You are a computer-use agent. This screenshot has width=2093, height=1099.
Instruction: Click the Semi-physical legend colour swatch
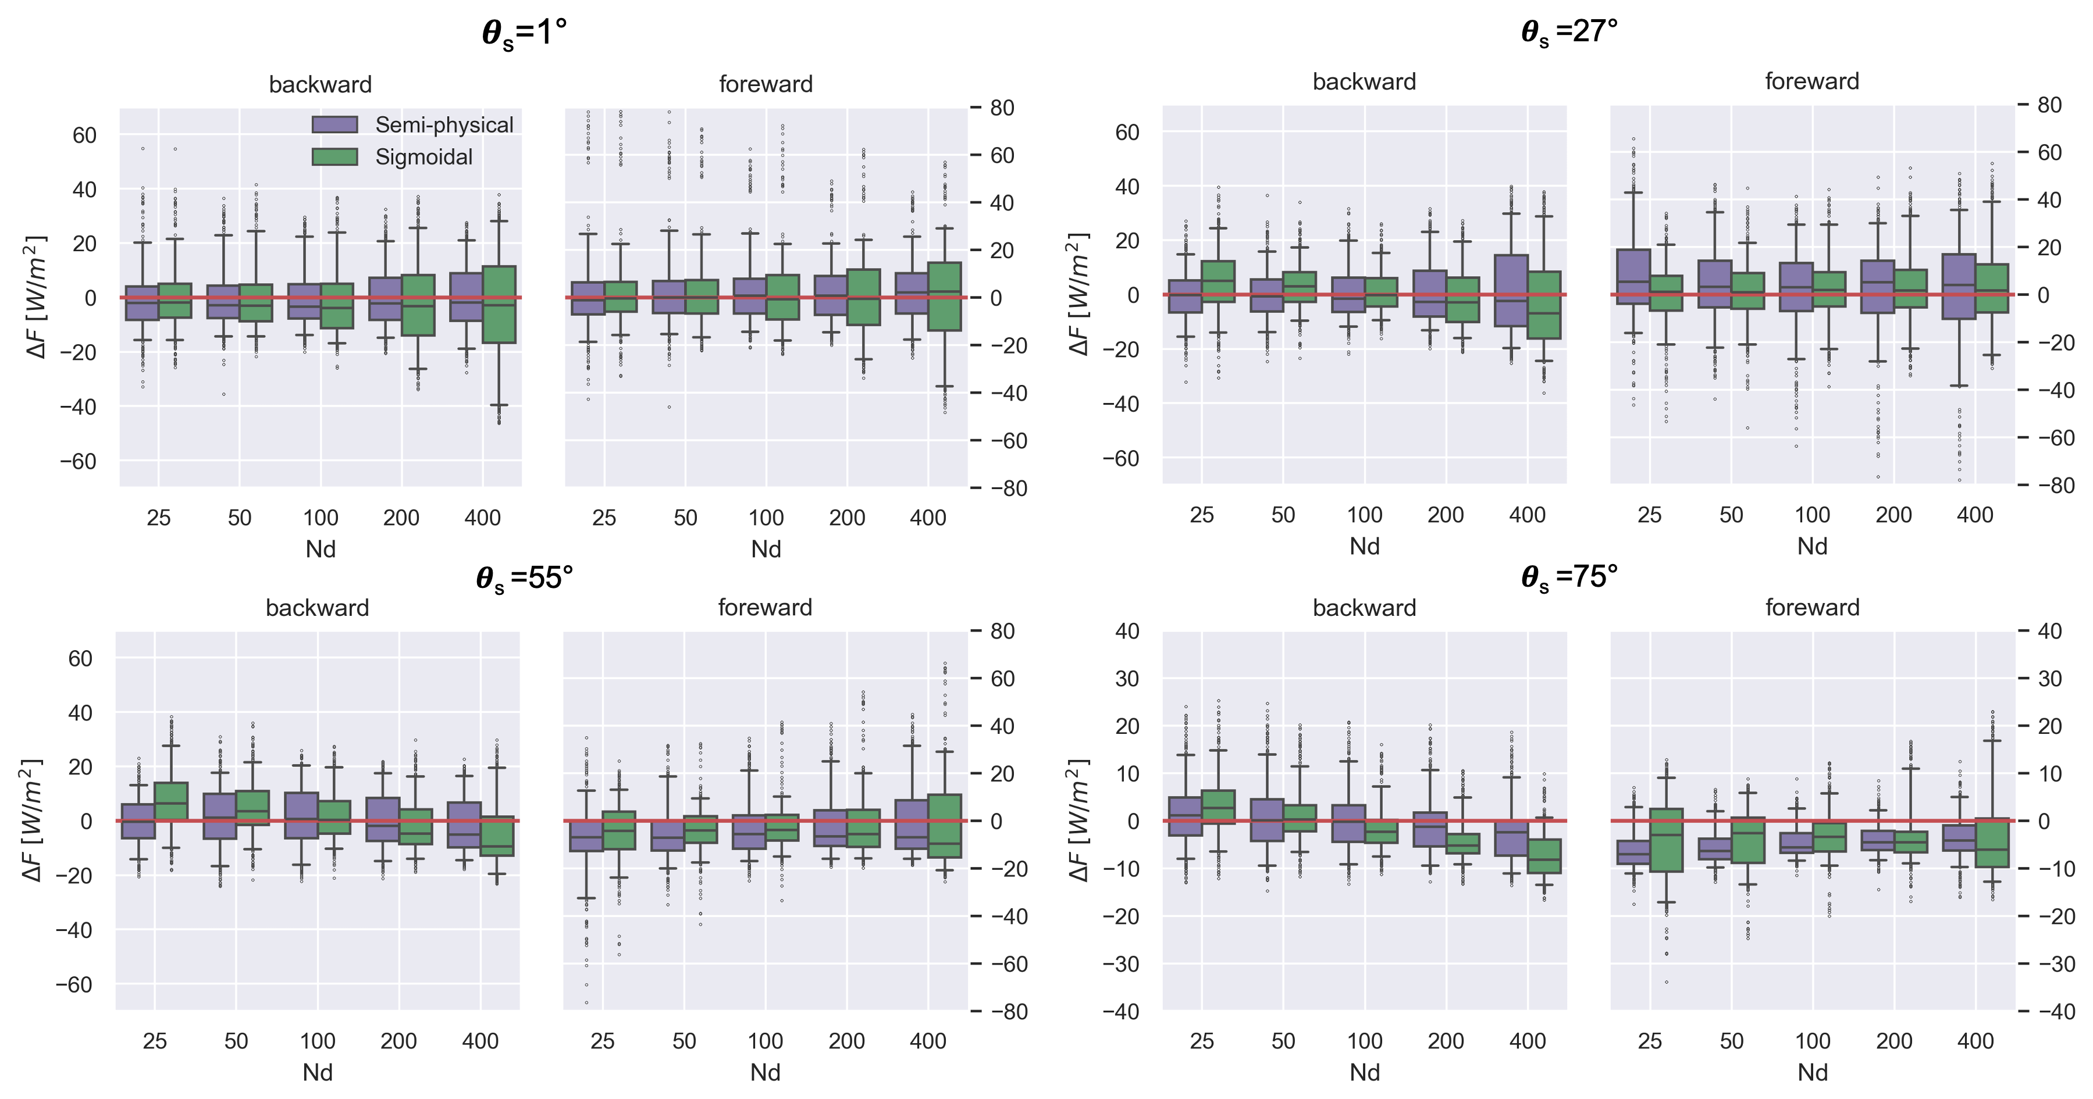click(x=334, y=124)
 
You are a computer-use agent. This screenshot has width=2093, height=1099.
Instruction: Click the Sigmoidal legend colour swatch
click(x=334, y=157)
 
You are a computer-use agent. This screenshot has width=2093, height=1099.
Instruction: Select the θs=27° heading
click(x=1569, y=33)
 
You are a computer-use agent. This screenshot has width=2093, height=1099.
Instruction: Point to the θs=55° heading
click(x=524, y=579)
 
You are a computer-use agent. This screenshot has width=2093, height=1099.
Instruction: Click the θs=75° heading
click(x=1569, y=577)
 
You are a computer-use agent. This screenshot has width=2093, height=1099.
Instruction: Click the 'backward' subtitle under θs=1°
click(x=320, y=84)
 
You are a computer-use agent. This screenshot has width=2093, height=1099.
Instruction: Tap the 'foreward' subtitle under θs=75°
click(x=1812, y=608)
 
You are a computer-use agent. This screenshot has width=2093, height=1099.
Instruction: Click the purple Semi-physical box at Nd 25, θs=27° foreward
click(x=1633, y=276)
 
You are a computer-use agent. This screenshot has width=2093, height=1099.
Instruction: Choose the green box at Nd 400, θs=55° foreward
click(x=944, y=825)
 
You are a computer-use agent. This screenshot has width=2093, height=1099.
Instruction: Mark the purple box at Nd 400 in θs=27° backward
click(x=1511, y=290)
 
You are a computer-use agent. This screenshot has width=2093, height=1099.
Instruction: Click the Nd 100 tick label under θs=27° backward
click(x=1364, y=515)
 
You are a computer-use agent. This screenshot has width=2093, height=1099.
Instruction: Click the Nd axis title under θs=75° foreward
click(x=1812, y=1073)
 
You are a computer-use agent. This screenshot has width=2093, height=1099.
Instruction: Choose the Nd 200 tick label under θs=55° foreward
click(x=846, y=1041)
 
